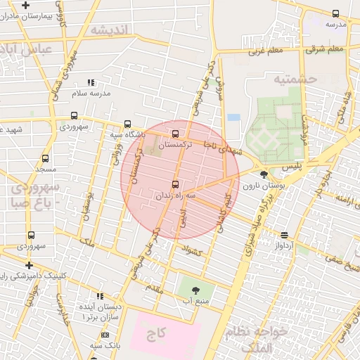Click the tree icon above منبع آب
195,289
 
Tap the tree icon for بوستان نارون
264,175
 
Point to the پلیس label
292,167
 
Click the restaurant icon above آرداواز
284,235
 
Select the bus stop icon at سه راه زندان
176,184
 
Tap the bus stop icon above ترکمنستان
175,134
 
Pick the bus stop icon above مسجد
46,159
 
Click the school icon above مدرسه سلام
91,83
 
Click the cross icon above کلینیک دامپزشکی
28,265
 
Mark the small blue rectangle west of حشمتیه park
233,117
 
